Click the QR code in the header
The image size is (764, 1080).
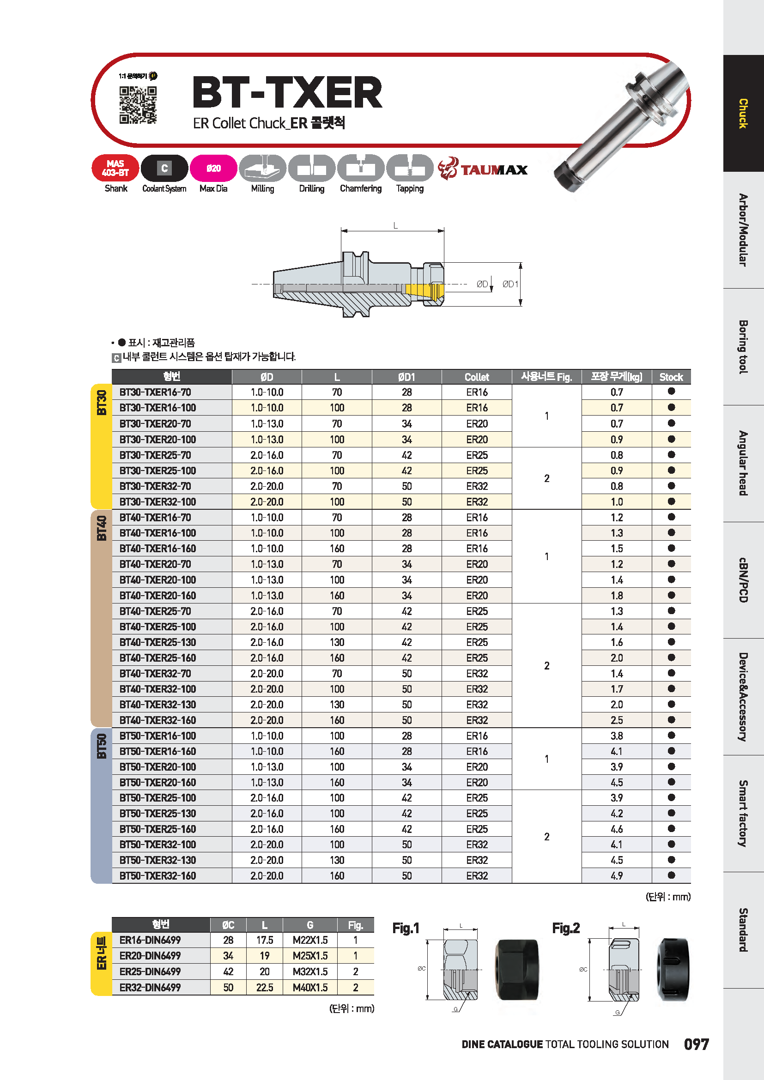(138, 105)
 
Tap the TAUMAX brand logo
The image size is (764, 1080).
(483, 169)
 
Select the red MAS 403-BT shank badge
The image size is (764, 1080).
(115, 168)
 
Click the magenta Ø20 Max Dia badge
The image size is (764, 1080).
(213, 168)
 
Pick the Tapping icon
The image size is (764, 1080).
(410, 168)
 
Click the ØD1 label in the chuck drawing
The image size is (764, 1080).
(510, 284)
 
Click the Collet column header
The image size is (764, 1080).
(477, 377)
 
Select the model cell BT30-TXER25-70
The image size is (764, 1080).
(155, 455)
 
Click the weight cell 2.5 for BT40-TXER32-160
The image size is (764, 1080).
(616, 720)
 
